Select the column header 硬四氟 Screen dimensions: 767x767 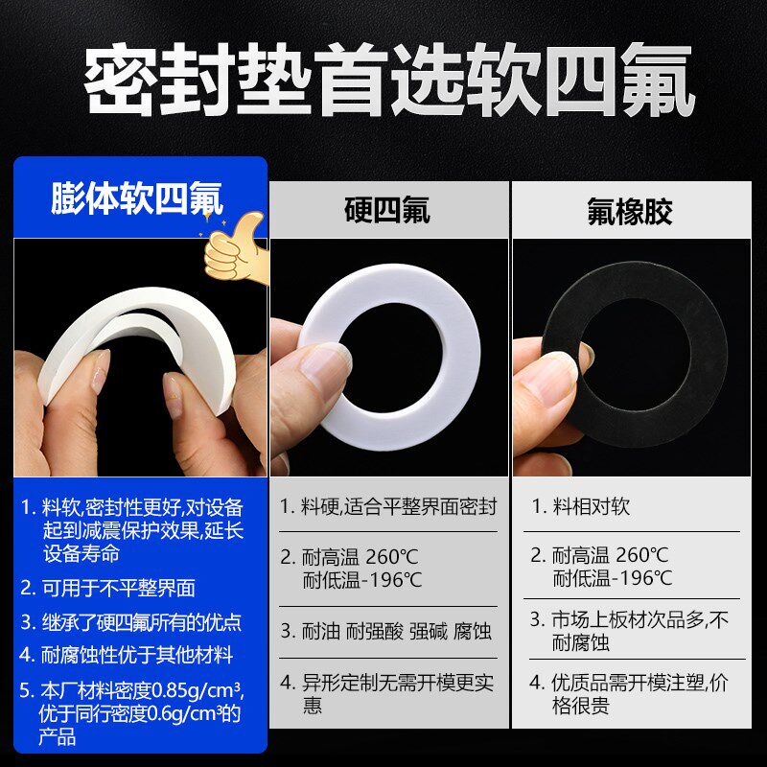click(x=387, y=210)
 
